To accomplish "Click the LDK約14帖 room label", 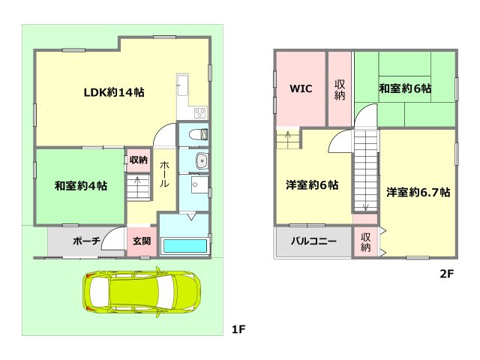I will pyautogui.click(x=113, y=93).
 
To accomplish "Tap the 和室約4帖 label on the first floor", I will pyautogui.click(x=80, y=186).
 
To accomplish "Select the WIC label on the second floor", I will pyautogui.click(x=301, y=88).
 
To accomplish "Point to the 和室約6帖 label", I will pyautogui.click(x=404, y=88).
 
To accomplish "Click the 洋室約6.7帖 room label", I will pyautogui.click(x=418, y=192).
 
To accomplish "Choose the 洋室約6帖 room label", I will pyautogui.click(x=311, y=185).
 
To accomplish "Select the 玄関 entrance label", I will pyautogui.click(x=141, y=241).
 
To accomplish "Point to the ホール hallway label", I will pyautogui.click(x=164, y=173).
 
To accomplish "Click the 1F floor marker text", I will pyautogui.click(x=238, y=329).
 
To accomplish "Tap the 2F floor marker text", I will pyautogui.click(x=447, y=274).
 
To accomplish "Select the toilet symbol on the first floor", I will pyautogui.click(x=198, y=135).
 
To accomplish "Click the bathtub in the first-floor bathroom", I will pyautogui.click(x=184, y=246).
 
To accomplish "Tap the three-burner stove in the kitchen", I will pyautogui.click(x=200, y=113).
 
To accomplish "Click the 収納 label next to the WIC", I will pyautogui.click(x=340, y=88).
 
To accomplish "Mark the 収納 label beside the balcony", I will pyautogui.click(x=365, y=241).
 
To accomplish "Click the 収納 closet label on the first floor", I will pyautogui.click(x=138, y=160).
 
